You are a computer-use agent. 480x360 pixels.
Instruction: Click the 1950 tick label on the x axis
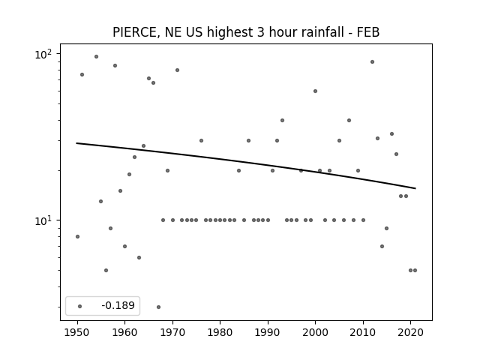[x=77, y=332]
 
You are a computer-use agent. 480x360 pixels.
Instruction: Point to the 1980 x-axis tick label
[x=220, y=332]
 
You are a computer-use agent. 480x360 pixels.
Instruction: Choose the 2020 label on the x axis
[x=410, y=332]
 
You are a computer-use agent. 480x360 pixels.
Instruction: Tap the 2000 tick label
[x=315, y=332]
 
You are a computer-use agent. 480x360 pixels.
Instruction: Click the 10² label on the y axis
[x=43, y=55]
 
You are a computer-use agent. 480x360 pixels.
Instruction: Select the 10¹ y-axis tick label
[x=43, y=220]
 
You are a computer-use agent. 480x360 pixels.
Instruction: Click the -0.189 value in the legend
[x=118, y=305]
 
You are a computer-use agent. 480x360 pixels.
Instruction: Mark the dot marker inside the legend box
[x=80, y=306]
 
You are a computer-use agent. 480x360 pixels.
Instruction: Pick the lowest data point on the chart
[x=158, y=307]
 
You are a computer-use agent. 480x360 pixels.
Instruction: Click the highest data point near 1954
[x=96, y=57]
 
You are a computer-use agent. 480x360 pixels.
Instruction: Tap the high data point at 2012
[x=372, y=61]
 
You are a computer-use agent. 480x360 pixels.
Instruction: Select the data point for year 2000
[x=315, y=91]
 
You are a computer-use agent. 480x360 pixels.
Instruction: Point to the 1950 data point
[x=77, y=237]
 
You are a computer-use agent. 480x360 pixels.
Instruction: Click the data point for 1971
[x=177, y=70]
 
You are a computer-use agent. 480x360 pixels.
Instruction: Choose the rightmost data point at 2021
[x=415, y=270]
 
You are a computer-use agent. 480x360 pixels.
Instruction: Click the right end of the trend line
[x=415, y=188]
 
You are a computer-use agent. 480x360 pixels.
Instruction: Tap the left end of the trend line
[x=76, y=143]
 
